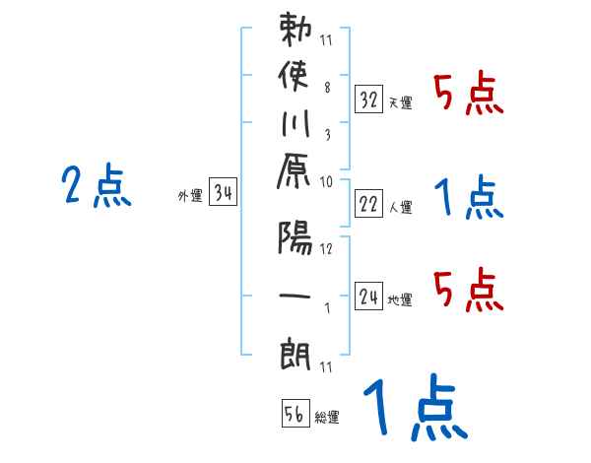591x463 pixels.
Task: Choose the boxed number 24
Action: [369, 296]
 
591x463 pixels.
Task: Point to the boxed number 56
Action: [295, 415]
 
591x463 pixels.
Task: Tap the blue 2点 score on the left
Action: [97, 186]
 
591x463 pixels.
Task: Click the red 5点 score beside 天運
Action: [469, 96]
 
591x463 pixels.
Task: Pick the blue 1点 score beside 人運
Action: [469, 198]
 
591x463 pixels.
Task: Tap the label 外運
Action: [190, 195]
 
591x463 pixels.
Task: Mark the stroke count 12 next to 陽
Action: [327, 247]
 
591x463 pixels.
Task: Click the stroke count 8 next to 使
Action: [327, 87]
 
